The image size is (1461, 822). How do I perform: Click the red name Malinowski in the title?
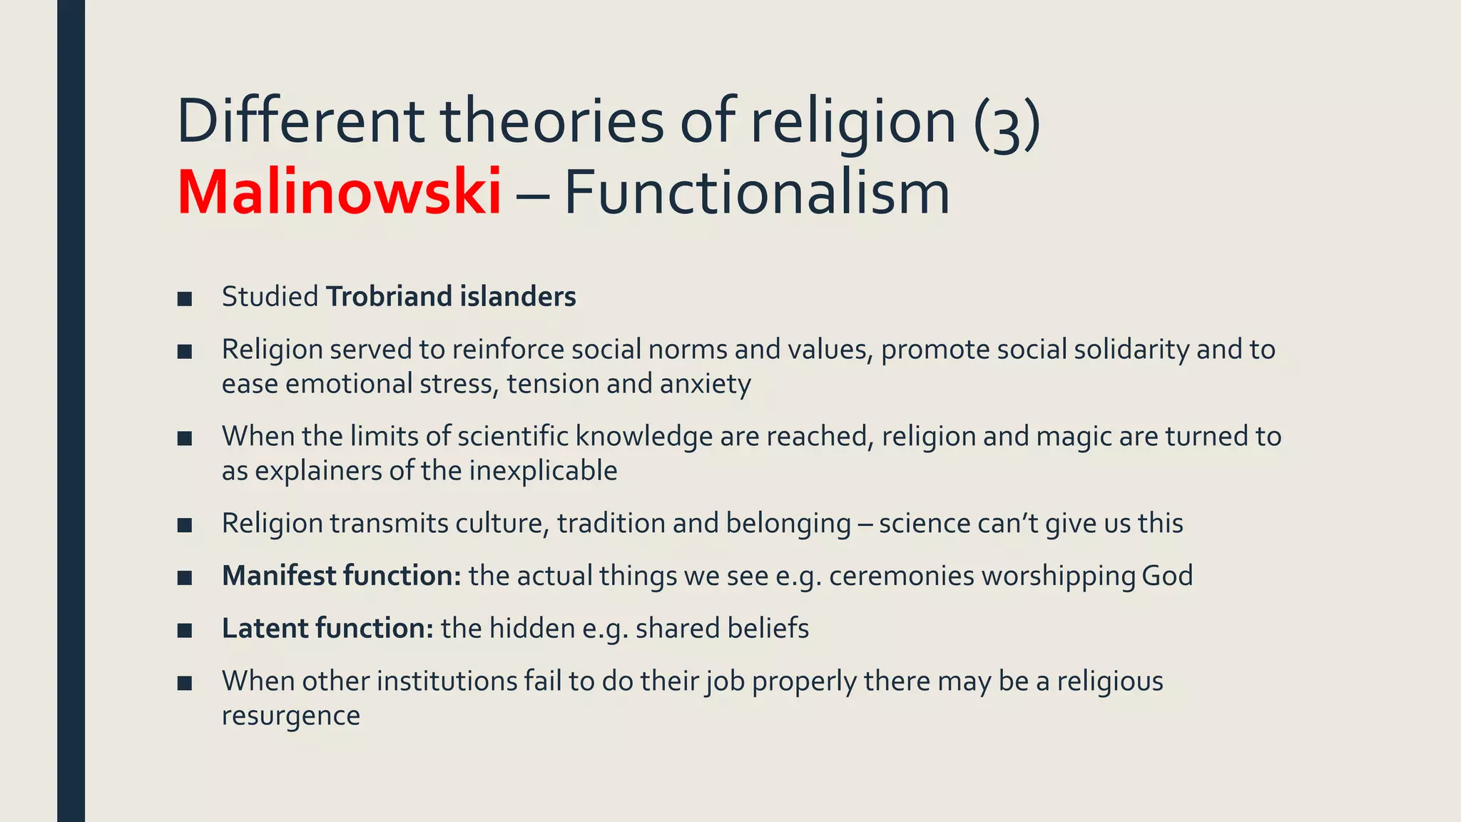click(339, 193)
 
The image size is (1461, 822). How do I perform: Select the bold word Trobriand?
click(389, 297)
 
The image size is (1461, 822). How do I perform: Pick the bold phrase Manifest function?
click(342, 576)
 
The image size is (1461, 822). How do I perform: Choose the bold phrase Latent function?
click(327, 629)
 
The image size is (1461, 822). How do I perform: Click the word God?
click(1167, 576)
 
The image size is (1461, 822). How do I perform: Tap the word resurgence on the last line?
click(291, 716)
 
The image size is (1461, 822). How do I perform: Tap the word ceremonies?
click(901, 576)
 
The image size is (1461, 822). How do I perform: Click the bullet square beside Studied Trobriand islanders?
click(185, 298)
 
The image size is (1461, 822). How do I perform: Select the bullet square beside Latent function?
click(185, 630)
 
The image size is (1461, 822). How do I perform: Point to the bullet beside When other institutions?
click(185, 683)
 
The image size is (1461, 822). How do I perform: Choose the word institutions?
click(446, 681)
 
